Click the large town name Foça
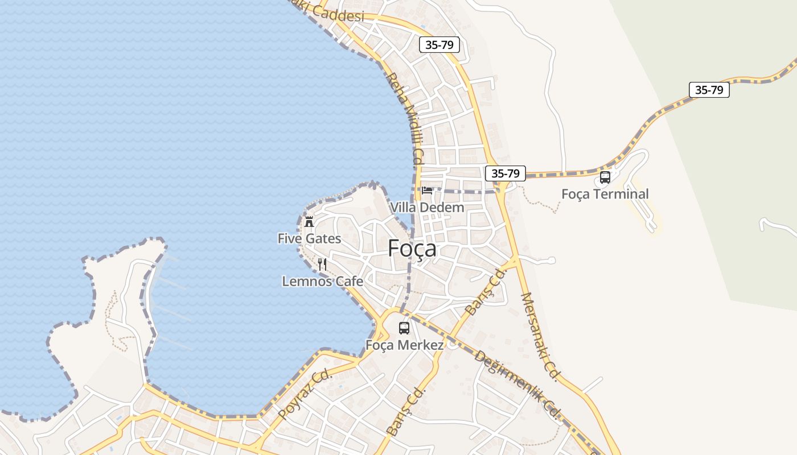click(412, 249)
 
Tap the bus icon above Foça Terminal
click(605, 177)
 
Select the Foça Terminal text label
click(605, 194)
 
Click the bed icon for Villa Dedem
click(427, 190)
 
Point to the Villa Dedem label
click(427, 208)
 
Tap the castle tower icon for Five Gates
click(309, 221)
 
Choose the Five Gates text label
click(309, 238)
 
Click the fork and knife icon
click(322, 264)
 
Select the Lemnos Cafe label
click(322, 281)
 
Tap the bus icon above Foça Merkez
click(404, 328)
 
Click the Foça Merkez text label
click(404, 345)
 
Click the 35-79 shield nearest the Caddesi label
click(439, 45)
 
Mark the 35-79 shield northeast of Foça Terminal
click(709, 90)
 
